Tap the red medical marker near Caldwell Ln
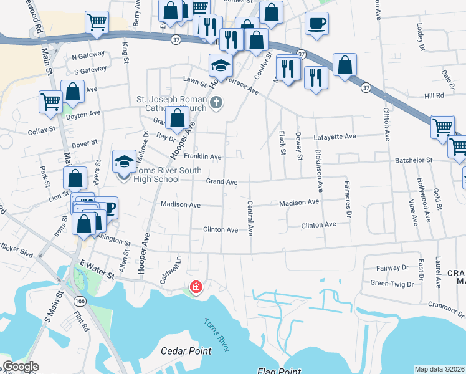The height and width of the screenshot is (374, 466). pyautogui.click(x=196, y=287)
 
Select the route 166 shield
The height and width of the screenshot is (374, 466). pyautogui.click(x=79, y=300)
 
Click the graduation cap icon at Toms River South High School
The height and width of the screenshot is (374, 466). pyautogui.click(x=124, y=161)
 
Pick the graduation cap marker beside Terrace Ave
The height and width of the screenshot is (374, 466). pyautogui.click(x=221, y=64)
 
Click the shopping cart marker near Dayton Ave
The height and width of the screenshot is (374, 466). pyautogui.click(x=50, y=101)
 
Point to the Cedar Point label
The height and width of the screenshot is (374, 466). pyautogui.click(x=186, y=351)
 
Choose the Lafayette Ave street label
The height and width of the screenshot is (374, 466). pyautogui.click(x=335, y=136)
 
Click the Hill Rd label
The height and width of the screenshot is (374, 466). pyautogui.click(x=434, y=95)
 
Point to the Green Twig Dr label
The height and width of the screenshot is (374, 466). pyautogui.click(x=392, y=284)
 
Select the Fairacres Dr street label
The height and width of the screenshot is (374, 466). pyautogui.click(x=348, y=199)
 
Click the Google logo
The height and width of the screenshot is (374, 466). pyautogui.click(x=21, y=367)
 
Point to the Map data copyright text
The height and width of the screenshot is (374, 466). pyautogui.click(x=439, y=369)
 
